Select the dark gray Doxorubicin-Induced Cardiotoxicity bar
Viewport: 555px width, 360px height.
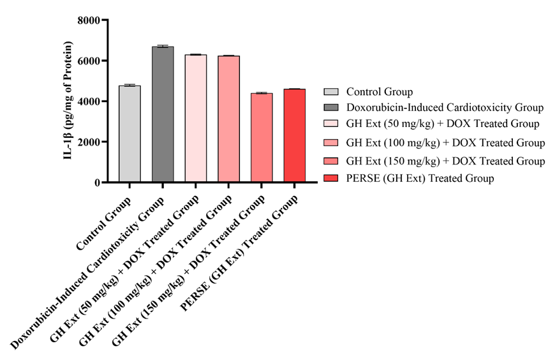163,115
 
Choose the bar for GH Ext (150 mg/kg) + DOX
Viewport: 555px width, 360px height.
262,138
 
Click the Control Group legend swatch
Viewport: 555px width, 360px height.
330,91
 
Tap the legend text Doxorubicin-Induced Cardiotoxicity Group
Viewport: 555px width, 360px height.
444,107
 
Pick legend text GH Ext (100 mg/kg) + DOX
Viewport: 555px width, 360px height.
445,142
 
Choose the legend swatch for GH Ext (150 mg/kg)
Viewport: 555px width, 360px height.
330,161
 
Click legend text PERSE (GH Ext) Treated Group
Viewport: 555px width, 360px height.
420,179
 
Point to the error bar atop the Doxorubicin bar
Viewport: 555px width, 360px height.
163,46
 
